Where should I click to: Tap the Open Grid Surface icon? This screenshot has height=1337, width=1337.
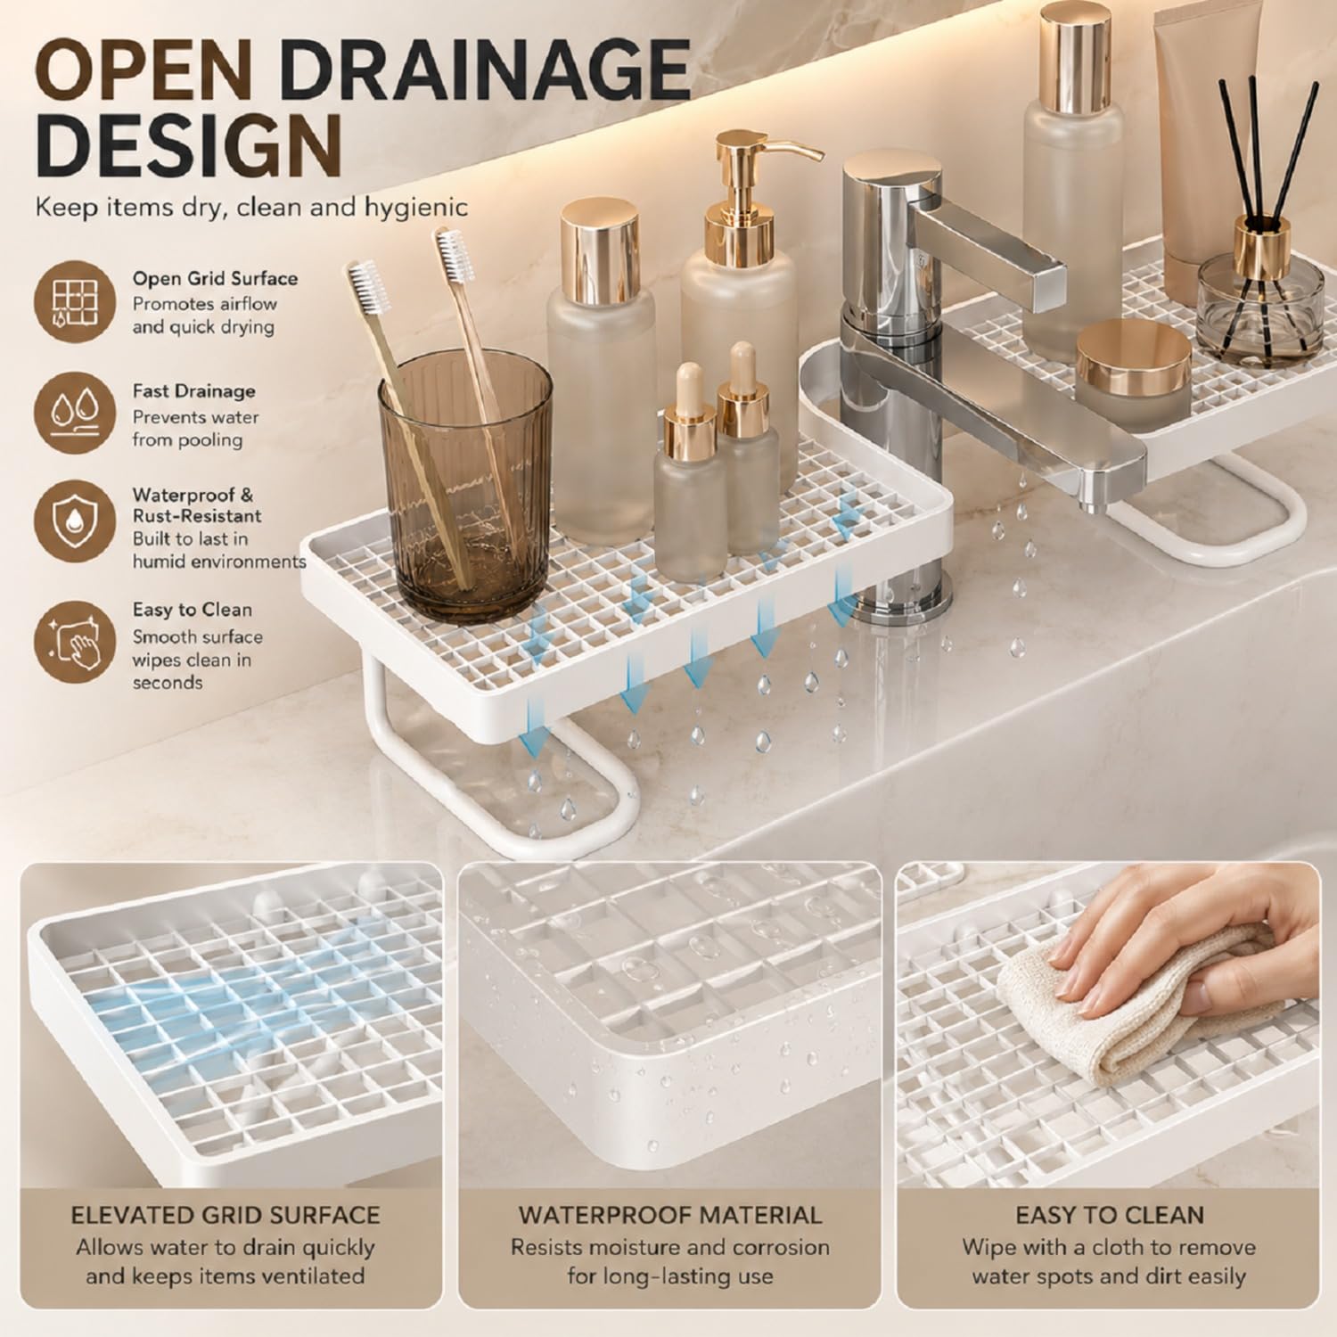[x=76, y=301]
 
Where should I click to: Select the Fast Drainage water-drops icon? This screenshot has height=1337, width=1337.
[x=76, y=414]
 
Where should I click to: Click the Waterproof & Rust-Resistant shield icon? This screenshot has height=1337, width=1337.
[x=76, y=524]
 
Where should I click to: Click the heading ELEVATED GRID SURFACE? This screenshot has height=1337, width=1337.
[x=226, y=1215]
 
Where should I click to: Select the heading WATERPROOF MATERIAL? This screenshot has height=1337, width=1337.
[x=670, y=1215]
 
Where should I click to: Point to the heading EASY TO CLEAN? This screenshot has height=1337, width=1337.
[x=1110, y=1215]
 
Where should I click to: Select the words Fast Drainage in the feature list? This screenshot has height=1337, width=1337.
[x=194, y=391]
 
